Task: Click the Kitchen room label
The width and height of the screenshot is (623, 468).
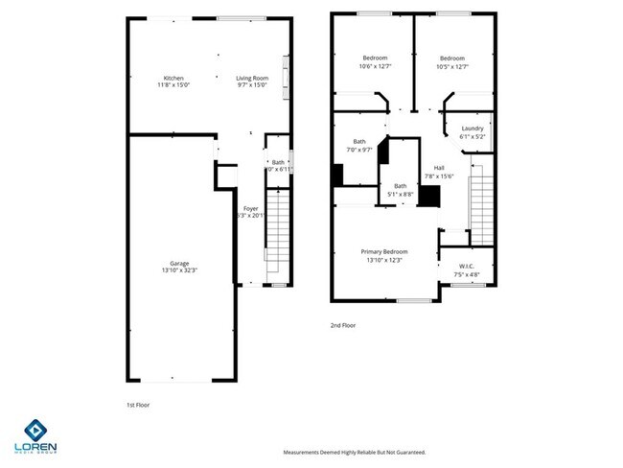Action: (x=173, y=78)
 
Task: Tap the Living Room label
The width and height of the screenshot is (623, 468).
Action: (x=253, y=78)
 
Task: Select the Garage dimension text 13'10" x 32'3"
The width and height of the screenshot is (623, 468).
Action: (x=178, y=271)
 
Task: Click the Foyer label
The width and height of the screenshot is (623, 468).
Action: (x=250, y=208)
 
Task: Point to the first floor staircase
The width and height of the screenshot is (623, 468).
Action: (x=276, y=234)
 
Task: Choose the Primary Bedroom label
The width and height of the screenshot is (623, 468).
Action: (x=383, y=252)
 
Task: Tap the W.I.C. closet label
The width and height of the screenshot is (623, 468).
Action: (x=467, y=266)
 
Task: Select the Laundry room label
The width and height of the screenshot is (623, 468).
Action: (x=473, y=129)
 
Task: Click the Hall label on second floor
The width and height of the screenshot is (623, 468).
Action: (x=439, y=168)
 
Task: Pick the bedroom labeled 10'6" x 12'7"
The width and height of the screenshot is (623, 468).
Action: (x=374, y=58)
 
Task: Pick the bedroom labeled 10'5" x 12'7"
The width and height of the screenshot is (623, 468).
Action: (x=452, y=58)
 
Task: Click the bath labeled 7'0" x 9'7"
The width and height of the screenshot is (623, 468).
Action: (x=359, y=142)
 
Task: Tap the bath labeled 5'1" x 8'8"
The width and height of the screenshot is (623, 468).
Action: (x=401, y=185)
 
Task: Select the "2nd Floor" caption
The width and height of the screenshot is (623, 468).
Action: (x=343, y=326)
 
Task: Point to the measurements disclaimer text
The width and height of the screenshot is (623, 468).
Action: (x=353, y=452)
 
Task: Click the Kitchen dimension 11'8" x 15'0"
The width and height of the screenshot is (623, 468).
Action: (x=173, y=85)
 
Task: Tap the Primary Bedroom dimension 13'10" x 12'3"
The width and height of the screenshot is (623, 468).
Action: (x=383, y=260)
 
